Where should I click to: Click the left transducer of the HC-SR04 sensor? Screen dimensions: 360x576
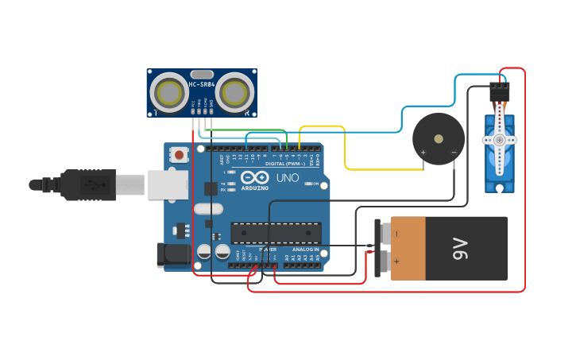pos(169,92)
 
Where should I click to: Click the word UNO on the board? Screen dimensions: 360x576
pos(288,177)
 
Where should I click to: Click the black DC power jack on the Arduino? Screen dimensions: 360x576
pos(172,254)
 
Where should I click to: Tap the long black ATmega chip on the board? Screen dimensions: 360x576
pos(276,233)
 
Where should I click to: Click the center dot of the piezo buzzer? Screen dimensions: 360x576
pos(439,139)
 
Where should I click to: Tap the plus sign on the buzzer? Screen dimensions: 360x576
pos(423,152)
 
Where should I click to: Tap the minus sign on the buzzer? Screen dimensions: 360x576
pos(454,152)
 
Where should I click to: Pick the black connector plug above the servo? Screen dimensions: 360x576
pos(499,93)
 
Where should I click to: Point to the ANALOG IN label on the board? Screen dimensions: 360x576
pos(305,250)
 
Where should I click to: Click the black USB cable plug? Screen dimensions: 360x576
pos(87,184)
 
